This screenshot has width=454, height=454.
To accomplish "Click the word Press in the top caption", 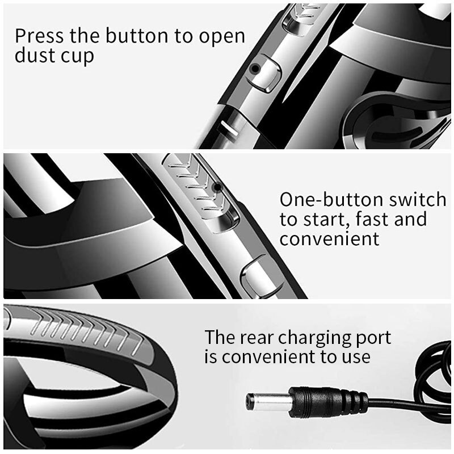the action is pos(39,36).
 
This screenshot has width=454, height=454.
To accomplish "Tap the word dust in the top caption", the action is pos(32,55).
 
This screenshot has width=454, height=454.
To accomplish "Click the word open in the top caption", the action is pos(222,37).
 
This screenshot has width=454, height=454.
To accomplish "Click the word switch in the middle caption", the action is pos(417,200).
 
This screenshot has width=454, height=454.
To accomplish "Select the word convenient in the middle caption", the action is pos(329,239).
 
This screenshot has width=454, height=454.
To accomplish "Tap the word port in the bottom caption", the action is pos(373,339).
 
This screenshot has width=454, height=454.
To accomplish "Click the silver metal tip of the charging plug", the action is pos(268,401).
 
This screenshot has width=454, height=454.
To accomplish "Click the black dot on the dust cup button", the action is pos(255,69).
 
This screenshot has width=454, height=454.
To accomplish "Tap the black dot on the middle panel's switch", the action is pos(217,187).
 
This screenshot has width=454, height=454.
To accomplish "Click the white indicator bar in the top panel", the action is pos(230,128).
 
